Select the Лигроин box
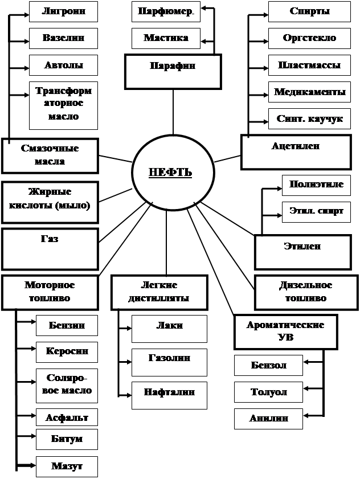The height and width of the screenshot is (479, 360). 64,11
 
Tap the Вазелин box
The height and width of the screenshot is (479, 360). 64,39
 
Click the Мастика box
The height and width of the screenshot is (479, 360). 166,39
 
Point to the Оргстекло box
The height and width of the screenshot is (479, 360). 309,39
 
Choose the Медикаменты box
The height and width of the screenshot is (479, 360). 309,92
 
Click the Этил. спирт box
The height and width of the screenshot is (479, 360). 316,211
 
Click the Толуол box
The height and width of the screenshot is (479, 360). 269,392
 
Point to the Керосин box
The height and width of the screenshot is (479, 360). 67,352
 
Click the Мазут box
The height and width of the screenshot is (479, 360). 67,466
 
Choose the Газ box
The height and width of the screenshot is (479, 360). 50,248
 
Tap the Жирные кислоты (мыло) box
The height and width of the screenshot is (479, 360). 50,199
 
